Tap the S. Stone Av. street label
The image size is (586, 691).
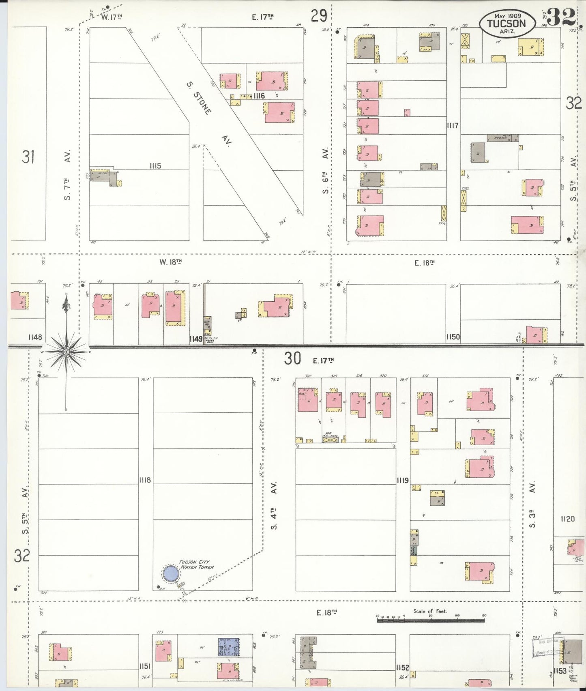(207, 115)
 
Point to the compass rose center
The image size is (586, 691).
(66, 352)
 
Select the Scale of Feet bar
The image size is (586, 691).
(431, 620)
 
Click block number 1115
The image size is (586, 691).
(155, 165)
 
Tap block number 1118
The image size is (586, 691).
(145, 480)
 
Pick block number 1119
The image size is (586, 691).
(403, 481)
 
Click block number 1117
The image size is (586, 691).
(453, 126)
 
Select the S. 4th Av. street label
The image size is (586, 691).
(275, 505)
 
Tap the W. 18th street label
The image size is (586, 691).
(170, 262)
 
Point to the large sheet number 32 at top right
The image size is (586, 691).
(561, 17)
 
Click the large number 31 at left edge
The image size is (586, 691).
(28, 157)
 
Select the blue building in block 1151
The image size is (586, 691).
(229, 646)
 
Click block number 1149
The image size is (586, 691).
(196, 339)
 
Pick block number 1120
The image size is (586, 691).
(567, 519)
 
